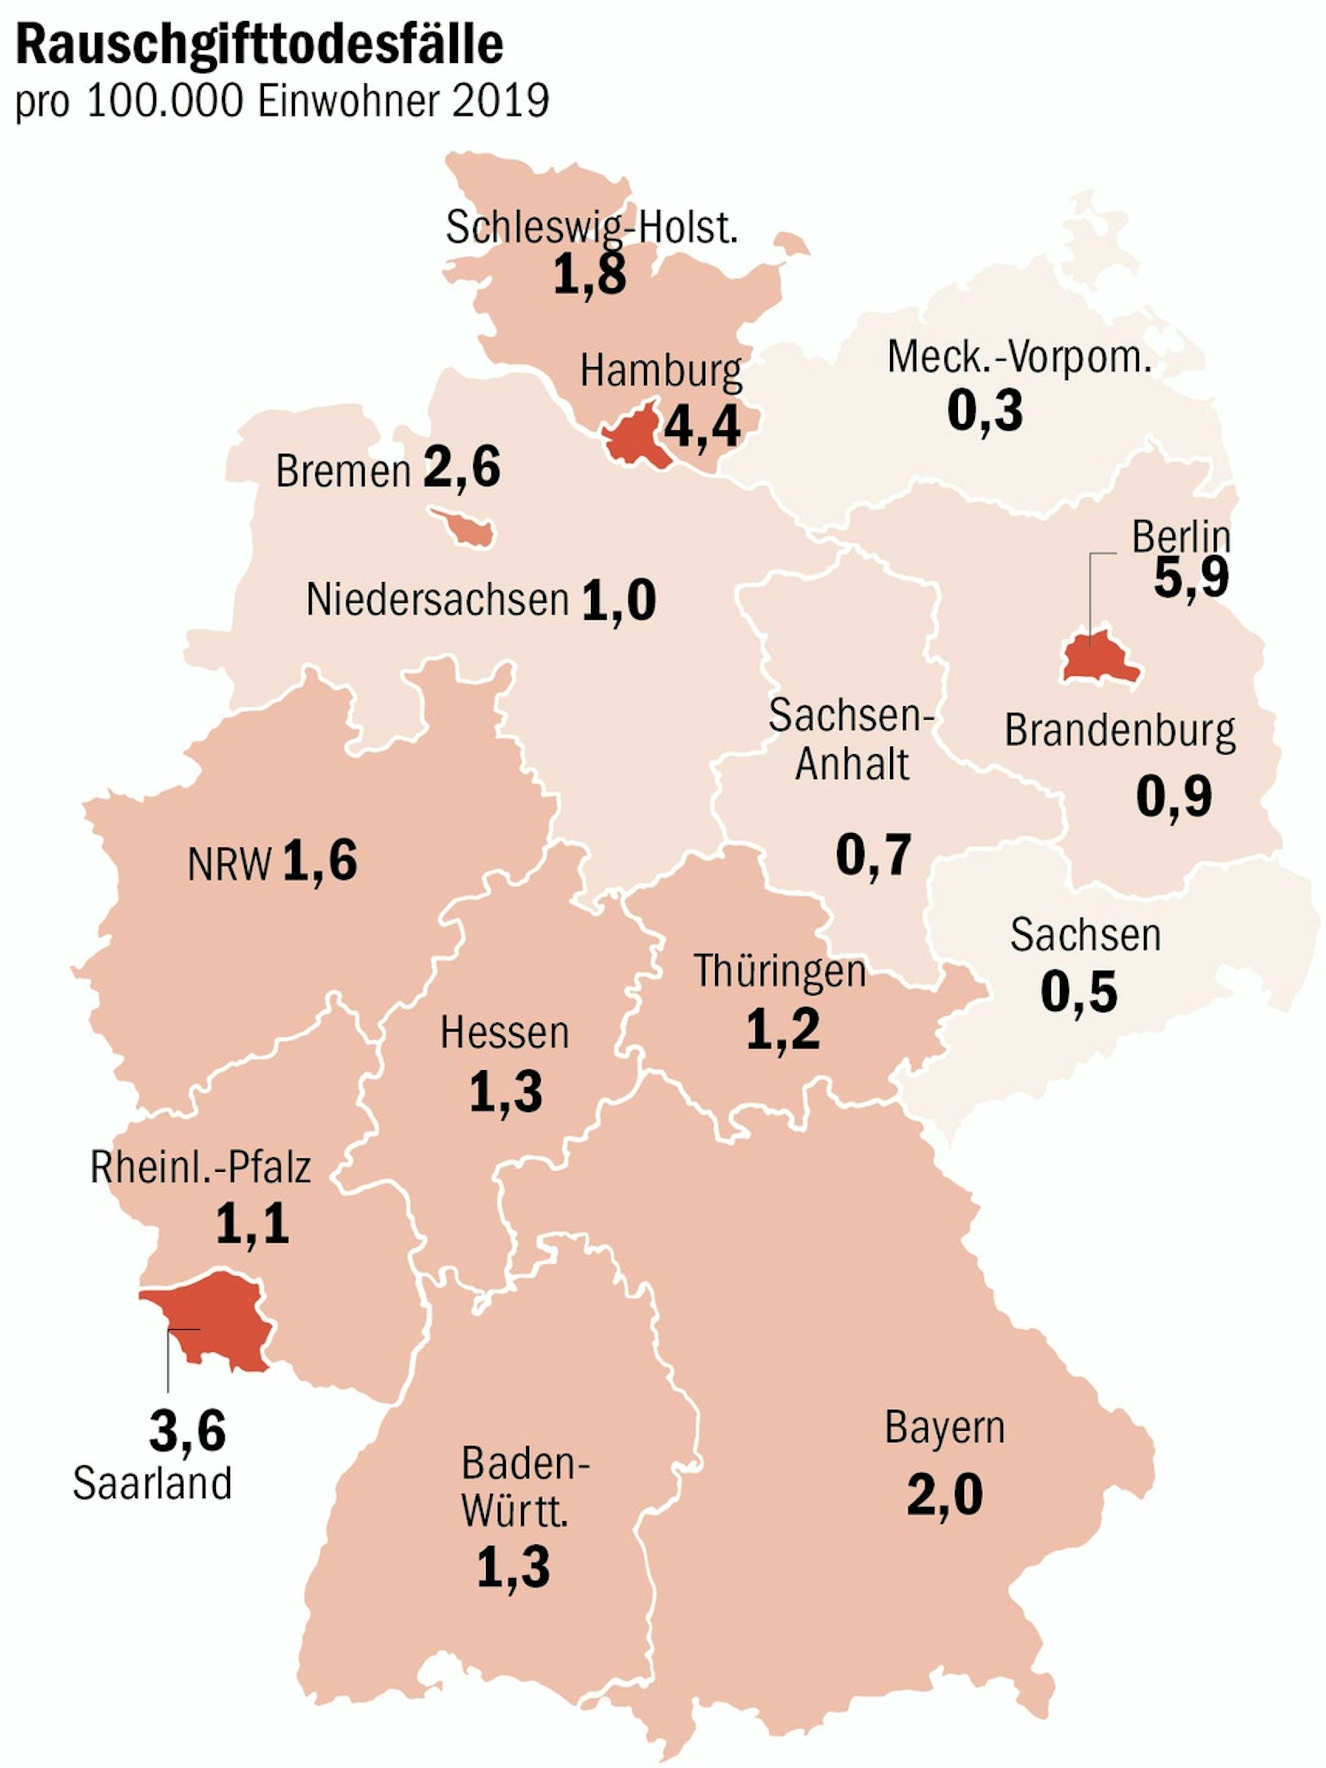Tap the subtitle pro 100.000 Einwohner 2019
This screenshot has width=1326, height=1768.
[281, 102]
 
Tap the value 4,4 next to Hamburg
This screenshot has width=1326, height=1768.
[702, 426]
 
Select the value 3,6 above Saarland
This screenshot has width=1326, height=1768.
[187, 1431]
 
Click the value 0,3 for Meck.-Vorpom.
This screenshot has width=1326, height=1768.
[984, 410]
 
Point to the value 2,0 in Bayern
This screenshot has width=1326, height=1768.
[944, 1495]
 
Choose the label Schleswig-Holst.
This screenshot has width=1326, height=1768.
[592, 228]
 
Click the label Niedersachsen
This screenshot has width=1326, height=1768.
[437, 600]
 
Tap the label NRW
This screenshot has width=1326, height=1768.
[229, 865]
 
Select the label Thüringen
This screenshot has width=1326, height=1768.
[779, 972]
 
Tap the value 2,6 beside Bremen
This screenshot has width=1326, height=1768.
[461, 467]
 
